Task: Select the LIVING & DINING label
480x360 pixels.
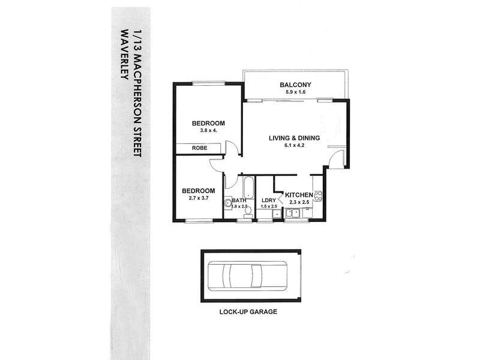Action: [294, 138]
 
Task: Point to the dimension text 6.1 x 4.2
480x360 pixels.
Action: [294, 145]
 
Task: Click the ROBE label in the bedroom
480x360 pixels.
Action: [200, 148]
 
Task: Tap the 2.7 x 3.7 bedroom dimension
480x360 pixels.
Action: [199, 198]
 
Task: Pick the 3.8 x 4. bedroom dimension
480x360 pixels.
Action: [208, 130]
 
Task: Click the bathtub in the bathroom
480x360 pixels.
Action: [248, 187]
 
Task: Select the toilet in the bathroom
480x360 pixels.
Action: [248, 212]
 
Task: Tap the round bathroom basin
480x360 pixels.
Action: [228, 203]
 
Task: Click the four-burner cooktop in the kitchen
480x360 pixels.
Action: [318, 196]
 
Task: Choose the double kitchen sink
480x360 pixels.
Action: [292, 213]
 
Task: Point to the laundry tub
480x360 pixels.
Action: [277, 214]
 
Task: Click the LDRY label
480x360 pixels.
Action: [269, 200]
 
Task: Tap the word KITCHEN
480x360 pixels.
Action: [299, 194]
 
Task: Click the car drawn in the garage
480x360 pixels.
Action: [247, 275]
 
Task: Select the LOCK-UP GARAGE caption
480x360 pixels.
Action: [248, 311]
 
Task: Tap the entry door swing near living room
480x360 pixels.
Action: [337, 159]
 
